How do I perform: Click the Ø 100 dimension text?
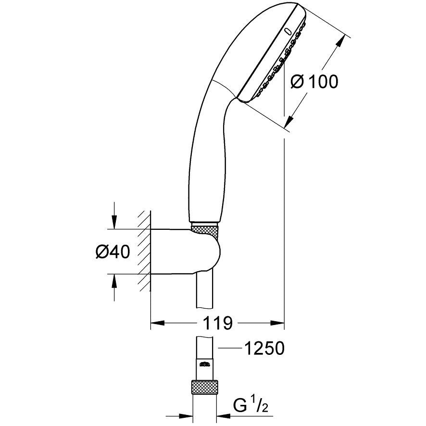point(315,82)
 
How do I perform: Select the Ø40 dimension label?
point(113,251)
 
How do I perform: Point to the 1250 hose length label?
point(264,348)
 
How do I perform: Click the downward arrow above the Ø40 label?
point(114,222)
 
